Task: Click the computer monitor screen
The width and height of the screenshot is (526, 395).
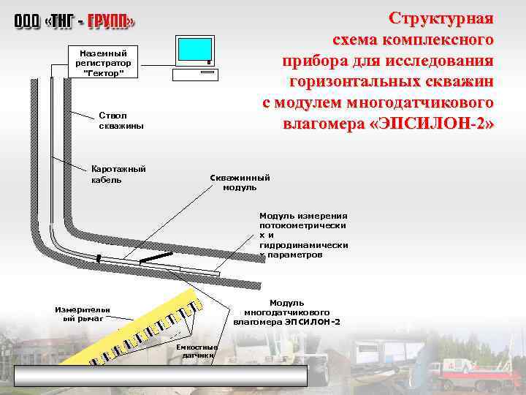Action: coord(193,50)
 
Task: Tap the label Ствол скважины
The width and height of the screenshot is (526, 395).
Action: coord(121,121)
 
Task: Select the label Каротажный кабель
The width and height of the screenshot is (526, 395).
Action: coord(118,174)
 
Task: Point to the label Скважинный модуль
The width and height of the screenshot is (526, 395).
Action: coord(240,182)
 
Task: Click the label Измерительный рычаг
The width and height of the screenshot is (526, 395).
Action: coord(83,314)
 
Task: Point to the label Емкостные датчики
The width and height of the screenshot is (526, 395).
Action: coord(197,350)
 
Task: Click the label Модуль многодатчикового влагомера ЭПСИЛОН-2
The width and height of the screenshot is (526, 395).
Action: coord(287,312)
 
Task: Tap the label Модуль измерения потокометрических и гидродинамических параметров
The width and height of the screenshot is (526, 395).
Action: coord(303,236)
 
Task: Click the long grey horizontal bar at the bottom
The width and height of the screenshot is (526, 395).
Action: coord(161,375)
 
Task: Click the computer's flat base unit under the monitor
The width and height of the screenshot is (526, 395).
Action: coord(195,73)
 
